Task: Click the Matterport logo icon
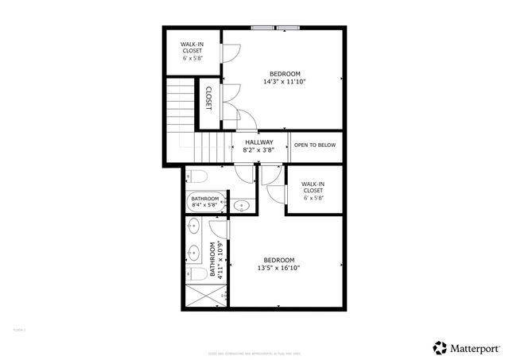pos(439,347)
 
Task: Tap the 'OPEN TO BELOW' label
pos(315,145)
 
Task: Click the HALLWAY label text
pos(258,142)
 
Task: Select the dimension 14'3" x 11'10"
pos(285,81)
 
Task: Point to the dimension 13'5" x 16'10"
pos(279,269)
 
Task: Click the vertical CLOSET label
pos(208,99)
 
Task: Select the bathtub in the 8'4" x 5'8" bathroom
pos(205,203)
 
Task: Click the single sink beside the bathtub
pos(242,207)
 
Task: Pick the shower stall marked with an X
pos(204,298)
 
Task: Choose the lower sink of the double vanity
pos(192,254)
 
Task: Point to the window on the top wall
pos(275,29)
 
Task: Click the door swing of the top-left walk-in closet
pos(229,52)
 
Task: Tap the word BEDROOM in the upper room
pos(284,73)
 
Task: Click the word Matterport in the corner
pos(476,347)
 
